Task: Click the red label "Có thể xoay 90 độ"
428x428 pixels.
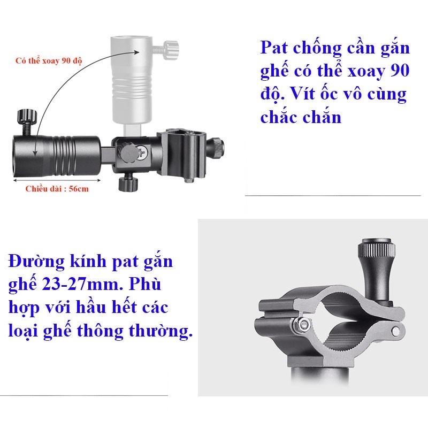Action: pyautogui.click(x=49, y=60)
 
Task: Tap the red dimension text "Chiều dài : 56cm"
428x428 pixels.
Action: pyautogui.click(x=57, y=189)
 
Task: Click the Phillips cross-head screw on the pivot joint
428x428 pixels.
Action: pyautogui.click(x=143, y=152)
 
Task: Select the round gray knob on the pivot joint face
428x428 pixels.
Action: pyautogui.click(x=128, y=152)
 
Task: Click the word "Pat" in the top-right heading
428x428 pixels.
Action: pyautogui.click(x=274, y=48)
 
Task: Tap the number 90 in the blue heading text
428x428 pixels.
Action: pyautogui.click(x=400, y=71)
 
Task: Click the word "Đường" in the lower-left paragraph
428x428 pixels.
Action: pyautogui.click(x=36, y=262)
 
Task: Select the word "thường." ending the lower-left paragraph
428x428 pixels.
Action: pyautogui.click(x=160, y=331)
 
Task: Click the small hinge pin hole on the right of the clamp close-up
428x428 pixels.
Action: pyautogui.click(x=395, y=332)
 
